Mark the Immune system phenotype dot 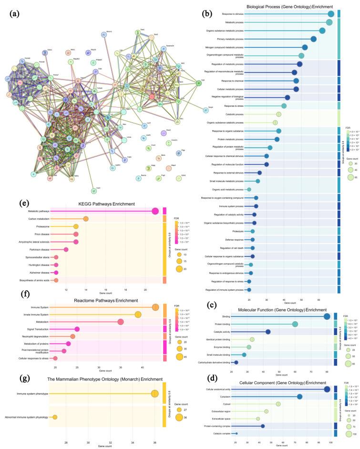pos(154,380)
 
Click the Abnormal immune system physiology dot pos(55,404)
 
